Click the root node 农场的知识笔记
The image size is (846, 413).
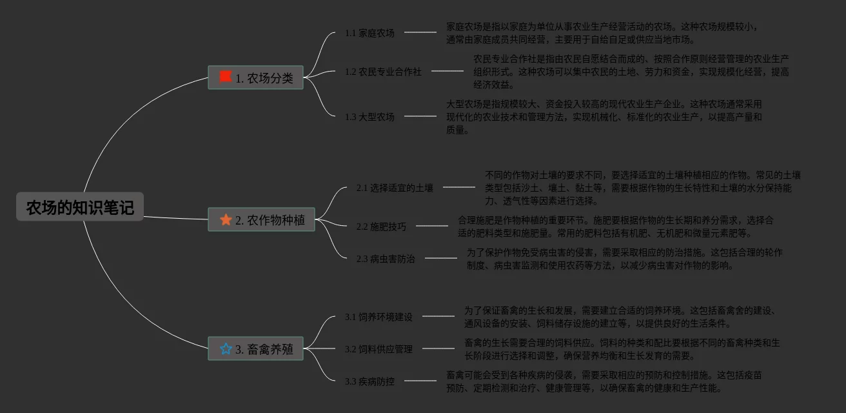pos(80,207)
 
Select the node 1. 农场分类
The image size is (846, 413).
pos(256,78)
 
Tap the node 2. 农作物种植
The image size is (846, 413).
pos(262,220)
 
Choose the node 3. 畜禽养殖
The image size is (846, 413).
pos(256,349)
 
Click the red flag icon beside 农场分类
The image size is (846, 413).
pos(225,77)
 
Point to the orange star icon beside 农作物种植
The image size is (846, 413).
pos(226,220)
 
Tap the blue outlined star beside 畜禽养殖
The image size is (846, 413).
pos(226,349)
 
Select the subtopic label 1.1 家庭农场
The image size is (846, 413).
pos(369,33)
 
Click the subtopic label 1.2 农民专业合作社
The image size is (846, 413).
pos(383,72)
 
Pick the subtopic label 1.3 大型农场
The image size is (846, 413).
pos(369,117)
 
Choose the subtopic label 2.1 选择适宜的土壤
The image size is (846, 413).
pos(395,188)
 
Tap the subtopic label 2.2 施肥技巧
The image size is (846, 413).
pos(381,227)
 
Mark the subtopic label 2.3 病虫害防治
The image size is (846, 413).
pos(386,259)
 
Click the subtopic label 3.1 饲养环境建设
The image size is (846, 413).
pos(379,317)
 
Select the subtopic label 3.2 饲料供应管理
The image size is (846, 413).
pos(379,349)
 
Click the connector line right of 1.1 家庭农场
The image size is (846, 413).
pos(420,32)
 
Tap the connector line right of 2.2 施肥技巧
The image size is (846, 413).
pos(431,226)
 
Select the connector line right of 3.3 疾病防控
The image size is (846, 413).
pos(420,381)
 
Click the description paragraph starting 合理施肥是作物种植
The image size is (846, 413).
pos(615,227)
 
